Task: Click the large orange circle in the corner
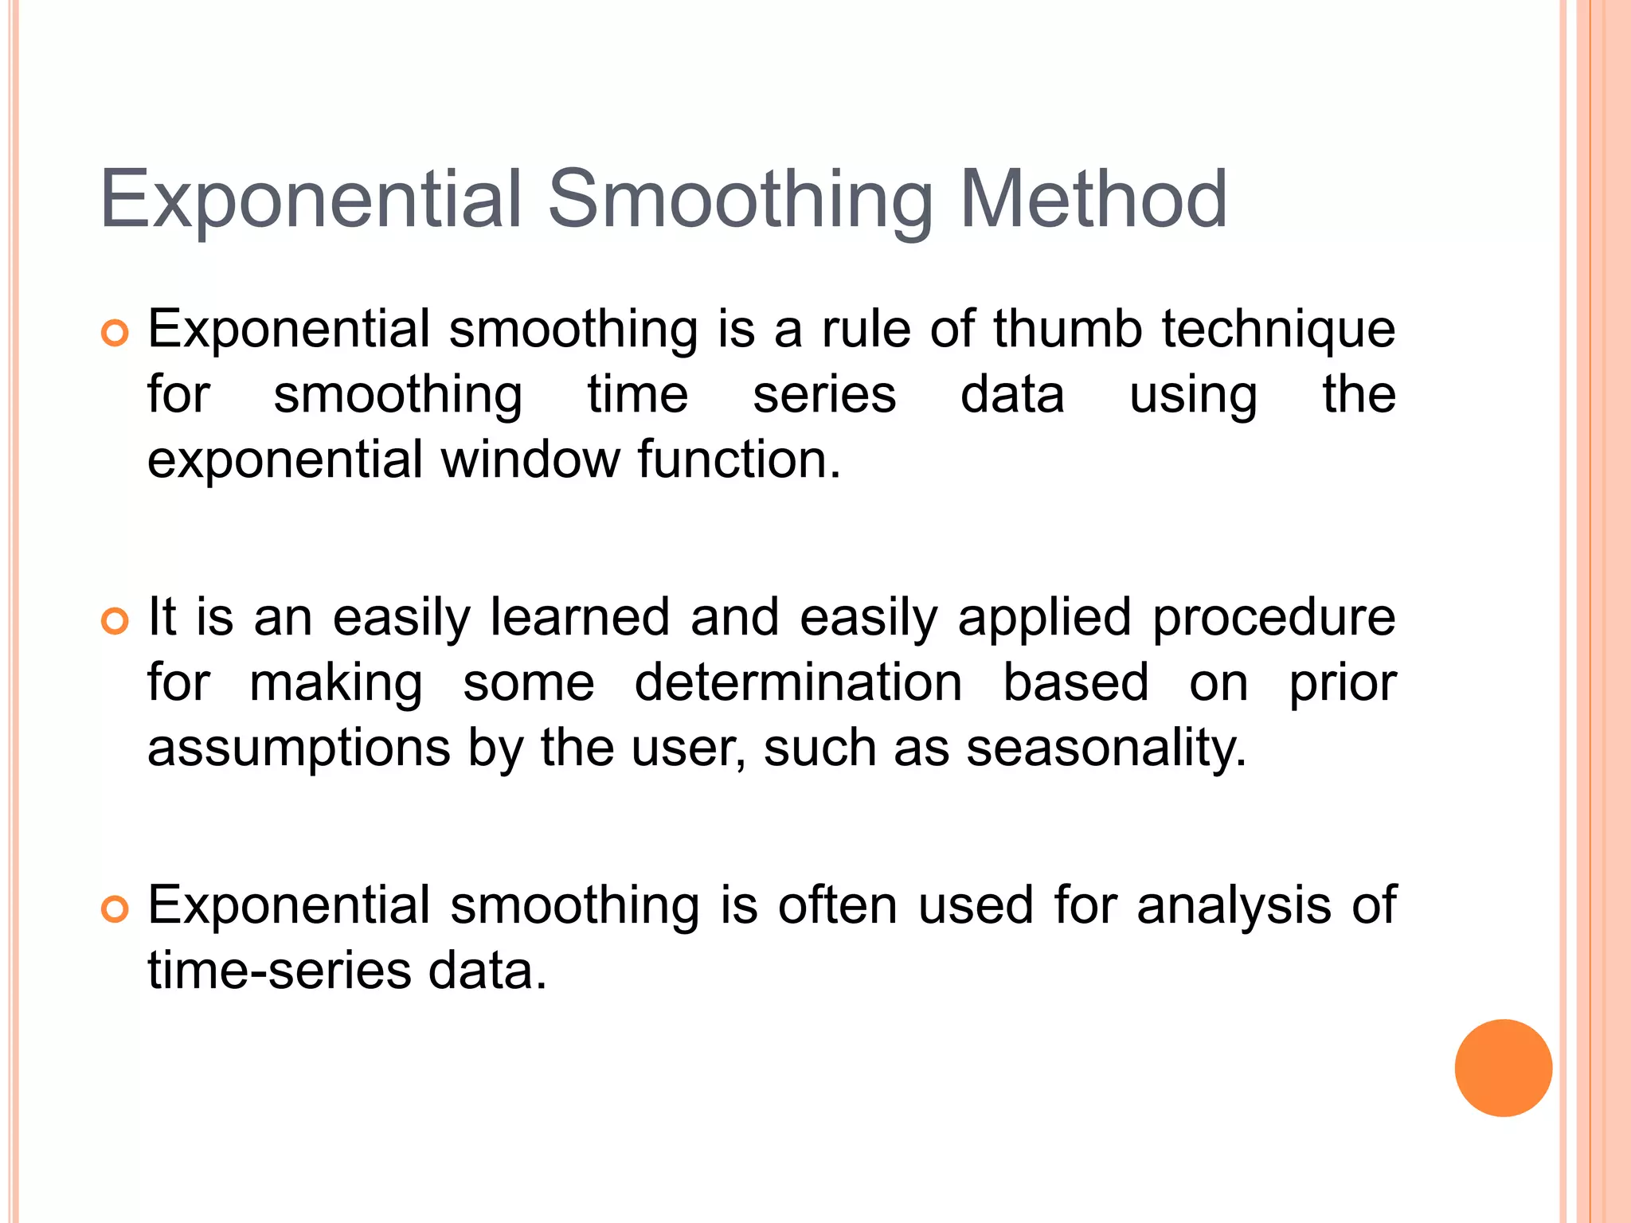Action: click(1503, 1068)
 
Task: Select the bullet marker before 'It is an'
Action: click(115, 621)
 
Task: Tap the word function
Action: click(738, 459)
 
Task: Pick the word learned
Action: click(579, 617)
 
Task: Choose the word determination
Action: click(798, 683)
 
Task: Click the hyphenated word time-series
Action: click(280, 971)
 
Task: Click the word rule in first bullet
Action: click(866, 329)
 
